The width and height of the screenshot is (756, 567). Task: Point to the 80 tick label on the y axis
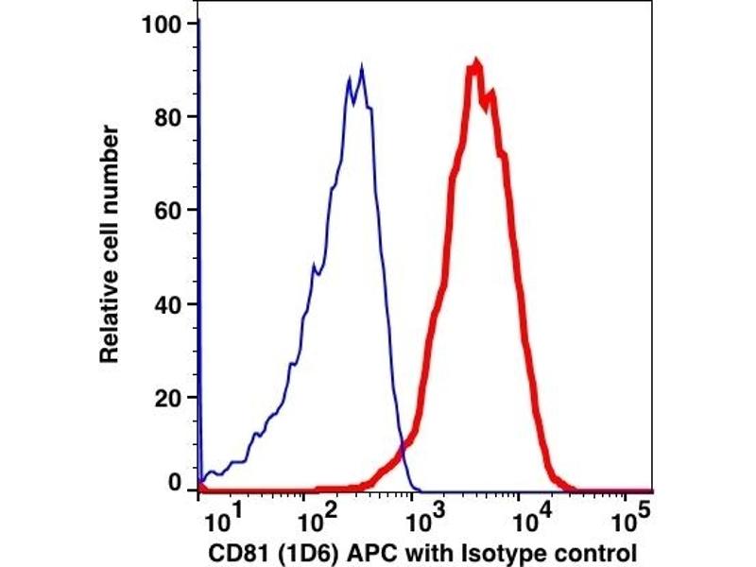(167, 117)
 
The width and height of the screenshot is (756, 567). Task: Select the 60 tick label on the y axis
(167, 210)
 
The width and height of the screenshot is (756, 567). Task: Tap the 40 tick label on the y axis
(167, 304)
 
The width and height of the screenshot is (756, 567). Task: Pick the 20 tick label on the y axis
(167, 397)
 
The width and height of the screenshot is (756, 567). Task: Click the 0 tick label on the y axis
(175, 482)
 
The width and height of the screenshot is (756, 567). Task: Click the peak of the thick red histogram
(476, 63)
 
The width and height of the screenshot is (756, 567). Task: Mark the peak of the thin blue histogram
(361, 68)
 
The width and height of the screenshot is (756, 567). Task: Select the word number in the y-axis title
(110, 158)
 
